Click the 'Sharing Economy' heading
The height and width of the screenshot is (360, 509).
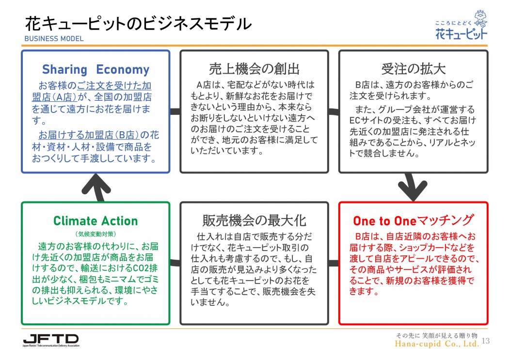click(96, 69)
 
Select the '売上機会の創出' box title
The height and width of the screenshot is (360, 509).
click(254, 69)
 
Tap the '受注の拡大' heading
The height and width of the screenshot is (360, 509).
click(413, 69)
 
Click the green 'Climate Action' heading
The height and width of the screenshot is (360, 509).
click(95, 221)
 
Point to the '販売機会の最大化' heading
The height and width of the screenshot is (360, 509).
click(254, 220)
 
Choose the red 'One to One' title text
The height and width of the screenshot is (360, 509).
click(385, 221)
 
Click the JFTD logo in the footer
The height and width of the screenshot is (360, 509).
click(51, 340)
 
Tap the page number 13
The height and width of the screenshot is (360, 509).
click(486, 341)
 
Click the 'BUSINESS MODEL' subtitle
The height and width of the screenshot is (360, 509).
click(54, 39)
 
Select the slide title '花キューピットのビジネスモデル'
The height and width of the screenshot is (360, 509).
click(138, 24)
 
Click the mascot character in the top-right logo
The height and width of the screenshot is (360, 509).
click(481, 19)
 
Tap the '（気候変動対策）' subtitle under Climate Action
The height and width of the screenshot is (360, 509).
click(95, 234)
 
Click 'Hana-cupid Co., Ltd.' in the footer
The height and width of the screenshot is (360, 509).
click(437, 344)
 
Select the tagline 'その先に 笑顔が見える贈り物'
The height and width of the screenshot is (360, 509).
click(436, 335)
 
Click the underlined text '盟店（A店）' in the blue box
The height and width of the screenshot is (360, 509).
click(54, 97)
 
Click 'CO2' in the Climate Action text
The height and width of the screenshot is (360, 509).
click(140, 268)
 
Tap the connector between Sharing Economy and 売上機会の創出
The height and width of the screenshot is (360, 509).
click(175, 111)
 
